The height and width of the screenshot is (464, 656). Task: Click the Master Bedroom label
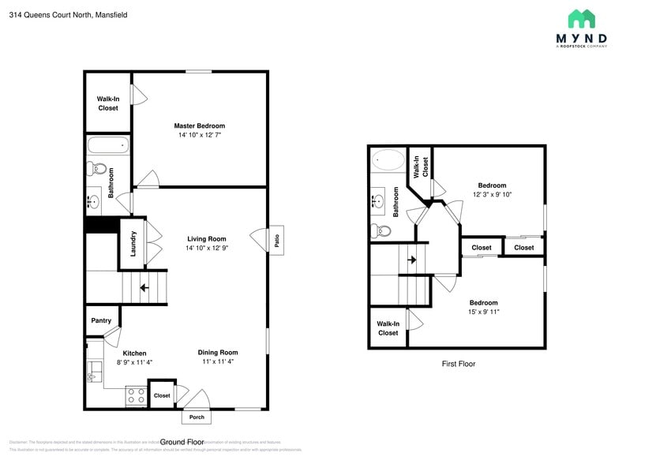(199, 125)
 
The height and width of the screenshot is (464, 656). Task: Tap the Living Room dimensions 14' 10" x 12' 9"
(206, 249)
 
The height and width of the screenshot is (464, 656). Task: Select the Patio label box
(277, 239)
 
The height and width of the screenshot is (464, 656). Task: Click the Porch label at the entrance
(197, 417)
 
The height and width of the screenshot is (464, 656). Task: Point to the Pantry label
(101, 320)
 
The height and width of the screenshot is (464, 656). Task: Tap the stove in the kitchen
(136, 395)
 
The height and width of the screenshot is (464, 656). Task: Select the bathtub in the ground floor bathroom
(107, 145)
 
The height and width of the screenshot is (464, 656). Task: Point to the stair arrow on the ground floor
(144, 288)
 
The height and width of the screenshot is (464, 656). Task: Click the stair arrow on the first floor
(411, 259)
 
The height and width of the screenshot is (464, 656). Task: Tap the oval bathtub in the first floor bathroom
(387, 160)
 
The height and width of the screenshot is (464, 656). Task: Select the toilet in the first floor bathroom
(381, 230)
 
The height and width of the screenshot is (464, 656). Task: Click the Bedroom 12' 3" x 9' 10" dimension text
(493, 194)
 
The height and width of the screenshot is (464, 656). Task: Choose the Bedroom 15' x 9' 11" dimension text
(483, 312)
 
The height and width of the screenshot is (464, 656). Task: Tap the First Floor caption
(458, 364)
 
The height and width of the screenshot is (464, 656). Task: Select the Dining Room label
(217, 352)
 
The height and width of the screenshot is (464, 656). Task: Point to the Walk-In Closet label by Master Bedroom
(108, 103)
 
